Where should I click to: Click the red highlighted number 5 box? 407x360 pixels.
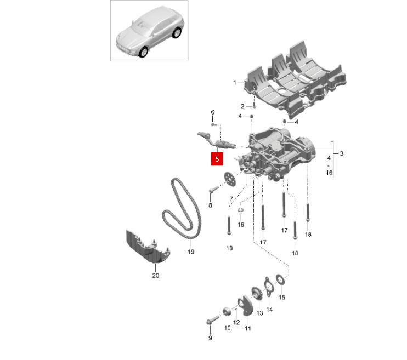click(217, 159)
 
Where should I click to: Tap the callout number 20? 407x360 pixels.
click(155, 276)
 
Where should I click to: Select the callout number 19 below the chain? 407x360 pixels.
click(191, 252)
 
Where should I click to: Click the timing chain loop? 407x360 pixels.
click(182, 208)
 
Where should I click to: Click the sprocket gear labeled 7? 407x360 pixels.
click(229, 180)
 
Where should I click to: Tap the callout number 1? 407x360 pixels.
click(235, 83)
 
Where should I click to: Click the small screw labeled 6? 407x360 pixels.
click(213, 124)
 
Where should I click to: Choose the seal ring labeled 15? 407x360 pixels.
click(281, 279)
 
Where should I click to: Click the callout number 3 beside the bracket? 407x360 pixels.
click(341, 153)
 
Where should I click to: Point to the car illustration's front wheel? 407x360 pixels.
click(143, 52)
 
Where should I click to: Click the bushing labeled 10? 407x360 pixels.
click(227, 311)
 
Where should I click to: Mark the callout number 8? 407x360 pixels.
click(210, 205)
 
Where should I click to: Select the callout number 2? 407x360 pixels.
click(242, 106)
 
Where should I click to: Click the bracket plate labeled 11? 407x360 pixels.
click(245, 306)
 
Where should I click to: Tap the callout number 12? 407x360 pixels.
click(236, 322)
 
